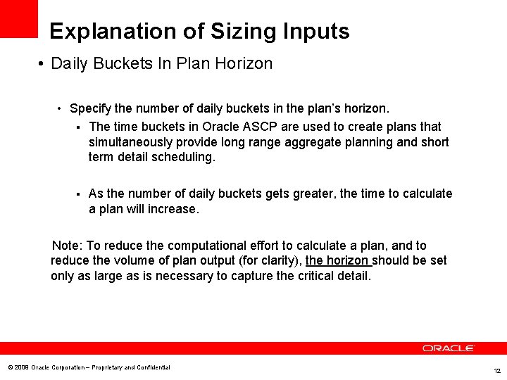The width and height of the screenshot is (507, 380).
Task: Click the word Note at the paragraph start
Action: pyautogui.click(x=66, y=246)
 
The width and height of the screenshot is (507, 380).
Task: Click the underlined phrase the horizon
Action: pyautogui.click(x=338, y=260)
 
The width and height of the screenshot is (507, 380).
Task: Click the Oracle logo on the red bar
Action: pyautogui.click(x=449, y=348)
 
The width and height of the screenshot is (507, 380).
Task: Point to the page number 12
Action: pyautogui.click(x=497, y=370)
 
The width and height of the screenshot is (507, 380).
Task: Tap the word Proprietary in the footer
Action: pyautogui.click(x=108, y=367)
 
